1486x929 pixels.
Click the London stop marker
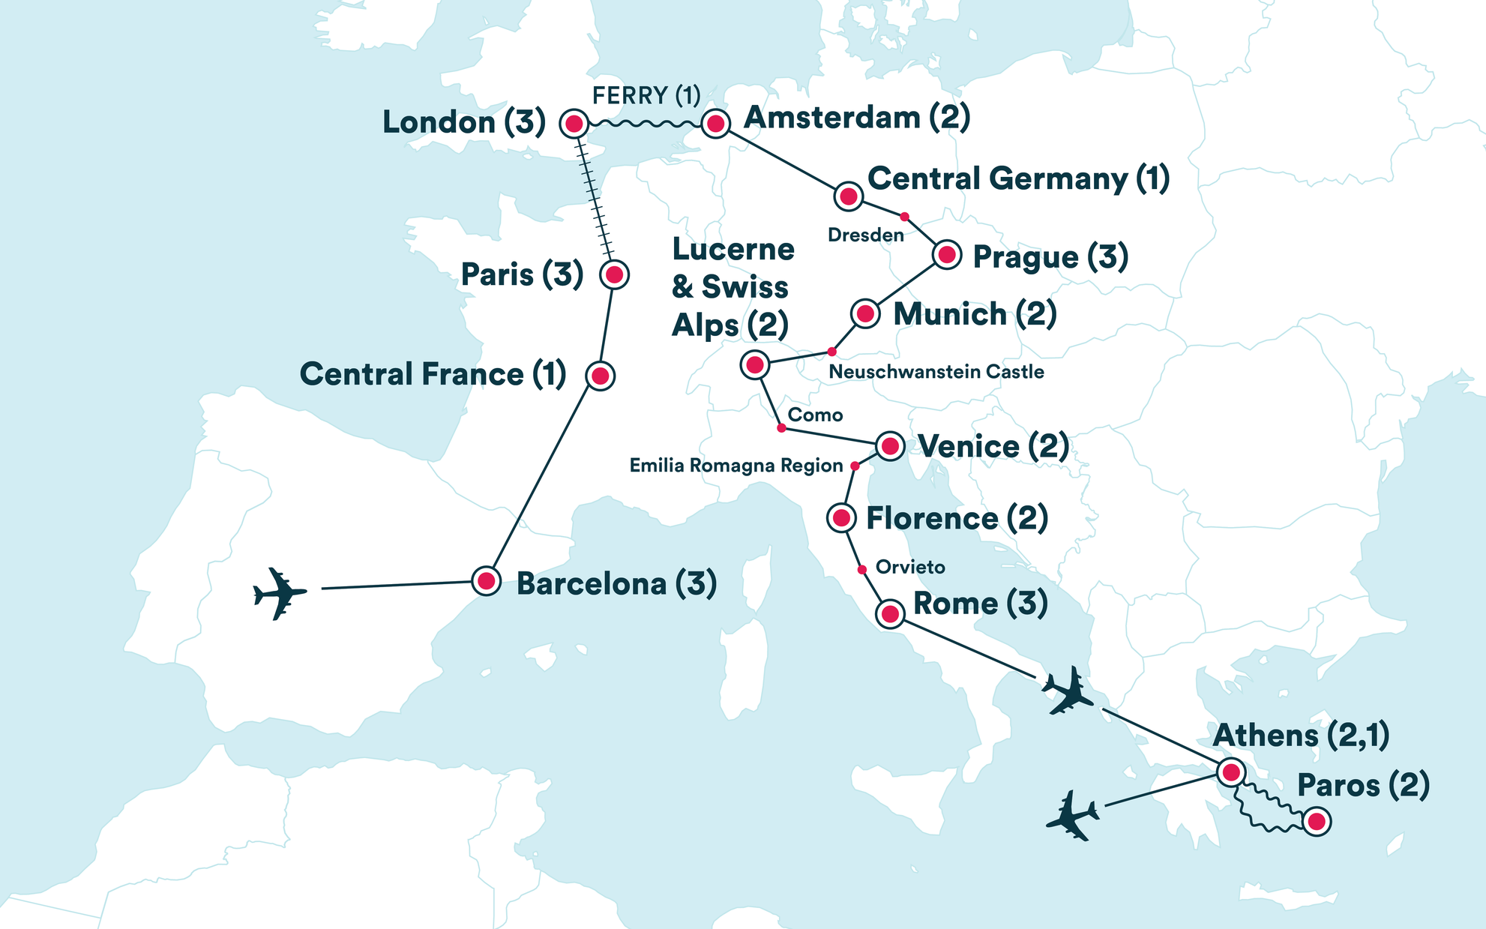click(574, 124)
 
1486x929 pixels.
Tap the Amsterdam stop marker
click(715, 124)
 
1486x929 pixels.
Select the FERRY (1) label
click(646, 96)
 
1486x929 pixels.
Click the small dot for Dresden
click(904, 217)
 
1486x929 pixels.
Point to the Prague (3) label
click(1050, 257)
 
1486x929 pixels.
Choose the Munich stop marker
click(865, 313)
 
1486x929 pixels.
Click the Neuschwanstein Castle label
click(936, 372)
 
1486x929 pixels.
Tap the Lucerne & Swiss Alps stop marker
click(755, 365)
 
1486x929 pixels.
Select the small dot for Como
click(781, 428)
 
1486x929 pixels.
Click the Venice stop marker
click(890, 447)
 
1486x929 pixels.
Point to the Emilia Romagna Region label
click(736, 466)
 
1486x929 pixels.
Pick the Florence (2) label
click(957, 518)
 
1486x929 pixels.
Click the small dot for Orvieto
click(862, 570)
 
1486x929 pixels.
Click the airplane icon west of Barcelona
click(280, 593)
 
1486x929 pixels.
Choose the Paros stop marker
click(1317, 822)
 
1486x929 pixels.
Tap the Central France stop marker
click(600, 376)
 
